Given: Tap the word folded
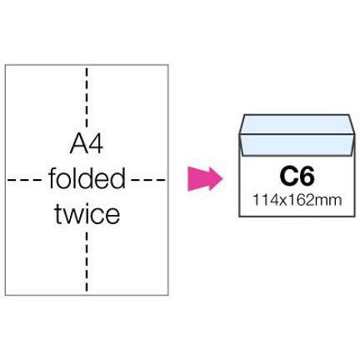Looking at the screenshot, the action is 87,179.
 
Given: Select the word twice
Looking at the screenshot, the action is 87,214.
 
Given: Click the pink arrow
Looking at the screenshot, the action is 205,179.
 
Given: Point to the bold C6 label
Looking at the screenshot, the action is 297,177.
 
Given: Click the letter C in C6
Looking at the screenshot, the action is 288,177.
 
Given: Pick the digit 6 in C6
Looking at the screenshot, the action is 307,177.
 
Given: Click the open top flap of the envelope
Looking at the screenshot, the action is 297,124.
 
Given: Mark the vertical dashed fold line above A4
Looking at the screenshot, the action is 87,97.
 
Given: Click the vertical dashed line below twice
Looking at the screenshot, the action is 87,262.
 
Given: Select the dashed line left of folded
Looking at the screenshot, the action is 25,180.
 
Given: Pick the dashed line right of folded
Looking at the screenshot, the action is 148,180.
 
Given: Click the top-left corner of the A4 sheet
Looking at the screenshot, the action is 5,65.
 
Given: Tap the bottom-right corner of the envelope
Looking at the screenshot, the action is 355,217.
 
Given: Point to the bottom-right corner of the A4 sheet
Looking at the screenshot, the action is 168,295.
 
